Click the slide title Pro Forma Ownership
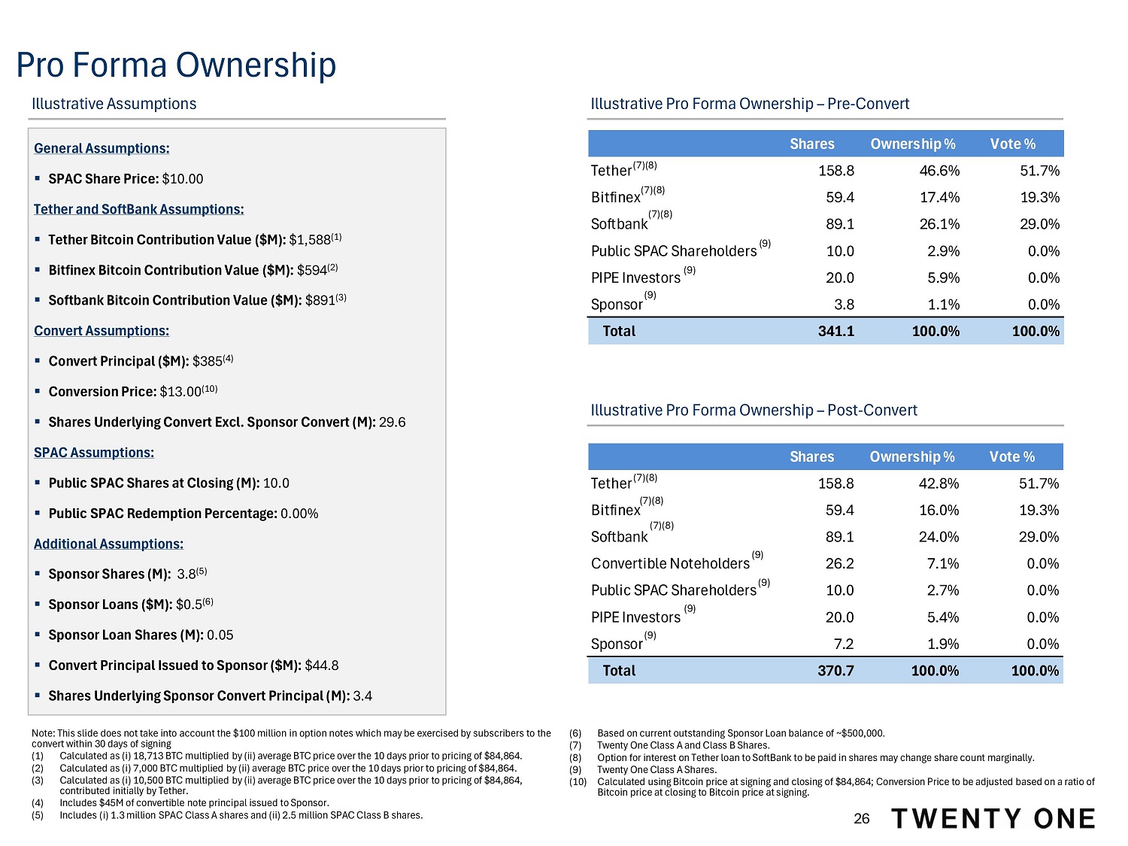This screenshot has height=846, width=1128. [176, 65]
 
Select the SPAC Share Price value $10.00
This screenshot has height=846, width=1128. [183, 179]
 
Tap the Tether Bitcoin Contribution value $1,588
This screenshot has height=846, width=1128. [309, 240]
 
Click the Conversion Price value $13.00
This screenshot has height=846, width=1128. [180, 392]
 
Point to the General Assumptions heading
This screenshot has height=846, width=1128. [102, 148]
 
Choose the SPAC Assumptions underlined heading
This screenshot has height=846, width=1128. [94, 453]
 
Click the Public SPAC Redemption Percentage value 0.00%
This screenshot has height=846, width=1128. [299, 514]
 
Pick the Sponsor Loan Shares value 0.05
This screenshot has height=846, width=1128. [220, 635]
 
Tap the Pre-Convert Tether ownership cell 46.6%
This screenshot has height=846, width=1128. [939, 171]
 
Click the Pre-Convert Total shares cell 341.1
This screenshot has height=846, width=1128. [835, 331]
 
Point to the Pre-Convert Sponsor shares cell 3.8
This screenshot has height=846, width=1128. [844, 305]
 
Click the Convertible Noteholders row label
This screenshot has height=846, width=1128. [670, 563]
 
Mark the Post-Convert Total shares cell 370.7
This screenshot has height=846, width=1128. [835, 671]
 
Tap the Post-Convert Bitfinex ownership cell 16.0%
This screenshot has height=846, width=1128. [938, 510]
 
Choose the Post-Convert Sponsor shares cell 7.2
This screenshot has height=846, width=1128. [843, 644]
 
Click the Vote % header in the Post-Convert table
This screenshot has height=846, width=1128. [1011, 456]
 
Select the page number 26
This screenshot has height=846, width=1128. [861, 819]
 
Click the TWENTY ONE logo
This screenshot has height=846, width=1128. [993, 819]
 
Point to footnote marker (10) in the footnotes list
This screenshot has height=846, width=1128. [578, 782]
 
